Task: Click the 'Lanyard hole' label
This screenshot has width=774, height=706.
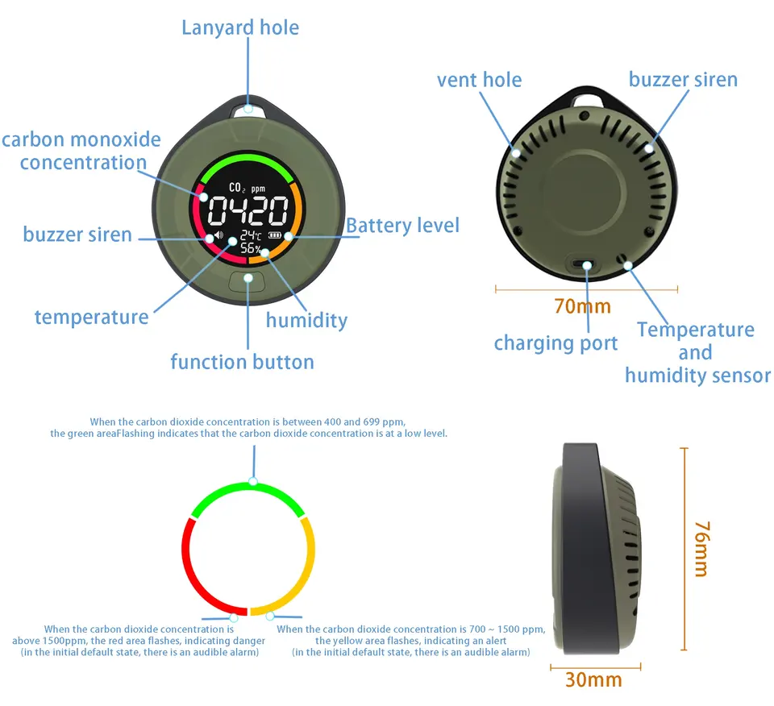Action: (x=240, y=27)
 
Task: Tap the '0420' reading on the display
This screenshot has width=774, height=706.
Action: (x=248, y=212)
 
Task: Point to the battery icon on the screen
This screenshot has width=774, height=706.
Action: (x=277, y=236)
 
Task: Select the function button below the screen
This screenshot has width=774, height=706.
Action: (x=247, y=280)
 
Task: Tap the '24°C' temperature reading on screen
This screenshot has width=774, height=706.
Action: (x=251, y=235)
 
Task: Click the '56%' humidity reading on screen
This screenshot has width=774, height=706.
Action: (x=251, y=249)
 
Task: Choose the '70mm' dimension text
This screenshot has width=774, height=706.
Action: (x=582, y=306)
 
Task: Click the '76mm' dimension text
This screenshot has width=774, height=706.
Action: (x=701, y=548)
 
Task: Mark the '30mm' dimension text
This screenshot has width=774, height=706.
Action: (x=593, y=679)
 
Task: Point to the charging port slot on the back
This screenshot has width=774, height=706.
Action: (x=584, y=264)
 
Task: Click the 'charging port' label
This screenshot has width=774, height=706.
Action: (x=556, y=343)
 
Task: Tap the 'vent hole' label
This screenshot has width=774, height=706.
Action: (x=479, y=80)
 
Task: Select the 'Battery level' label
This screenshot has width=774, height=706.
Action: (x=402, y=226)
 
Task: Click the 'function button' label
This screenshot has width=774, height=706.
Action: (x=242, y=362)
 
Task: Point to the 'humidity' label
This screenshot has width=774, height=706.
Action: (x=306, y=320)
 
